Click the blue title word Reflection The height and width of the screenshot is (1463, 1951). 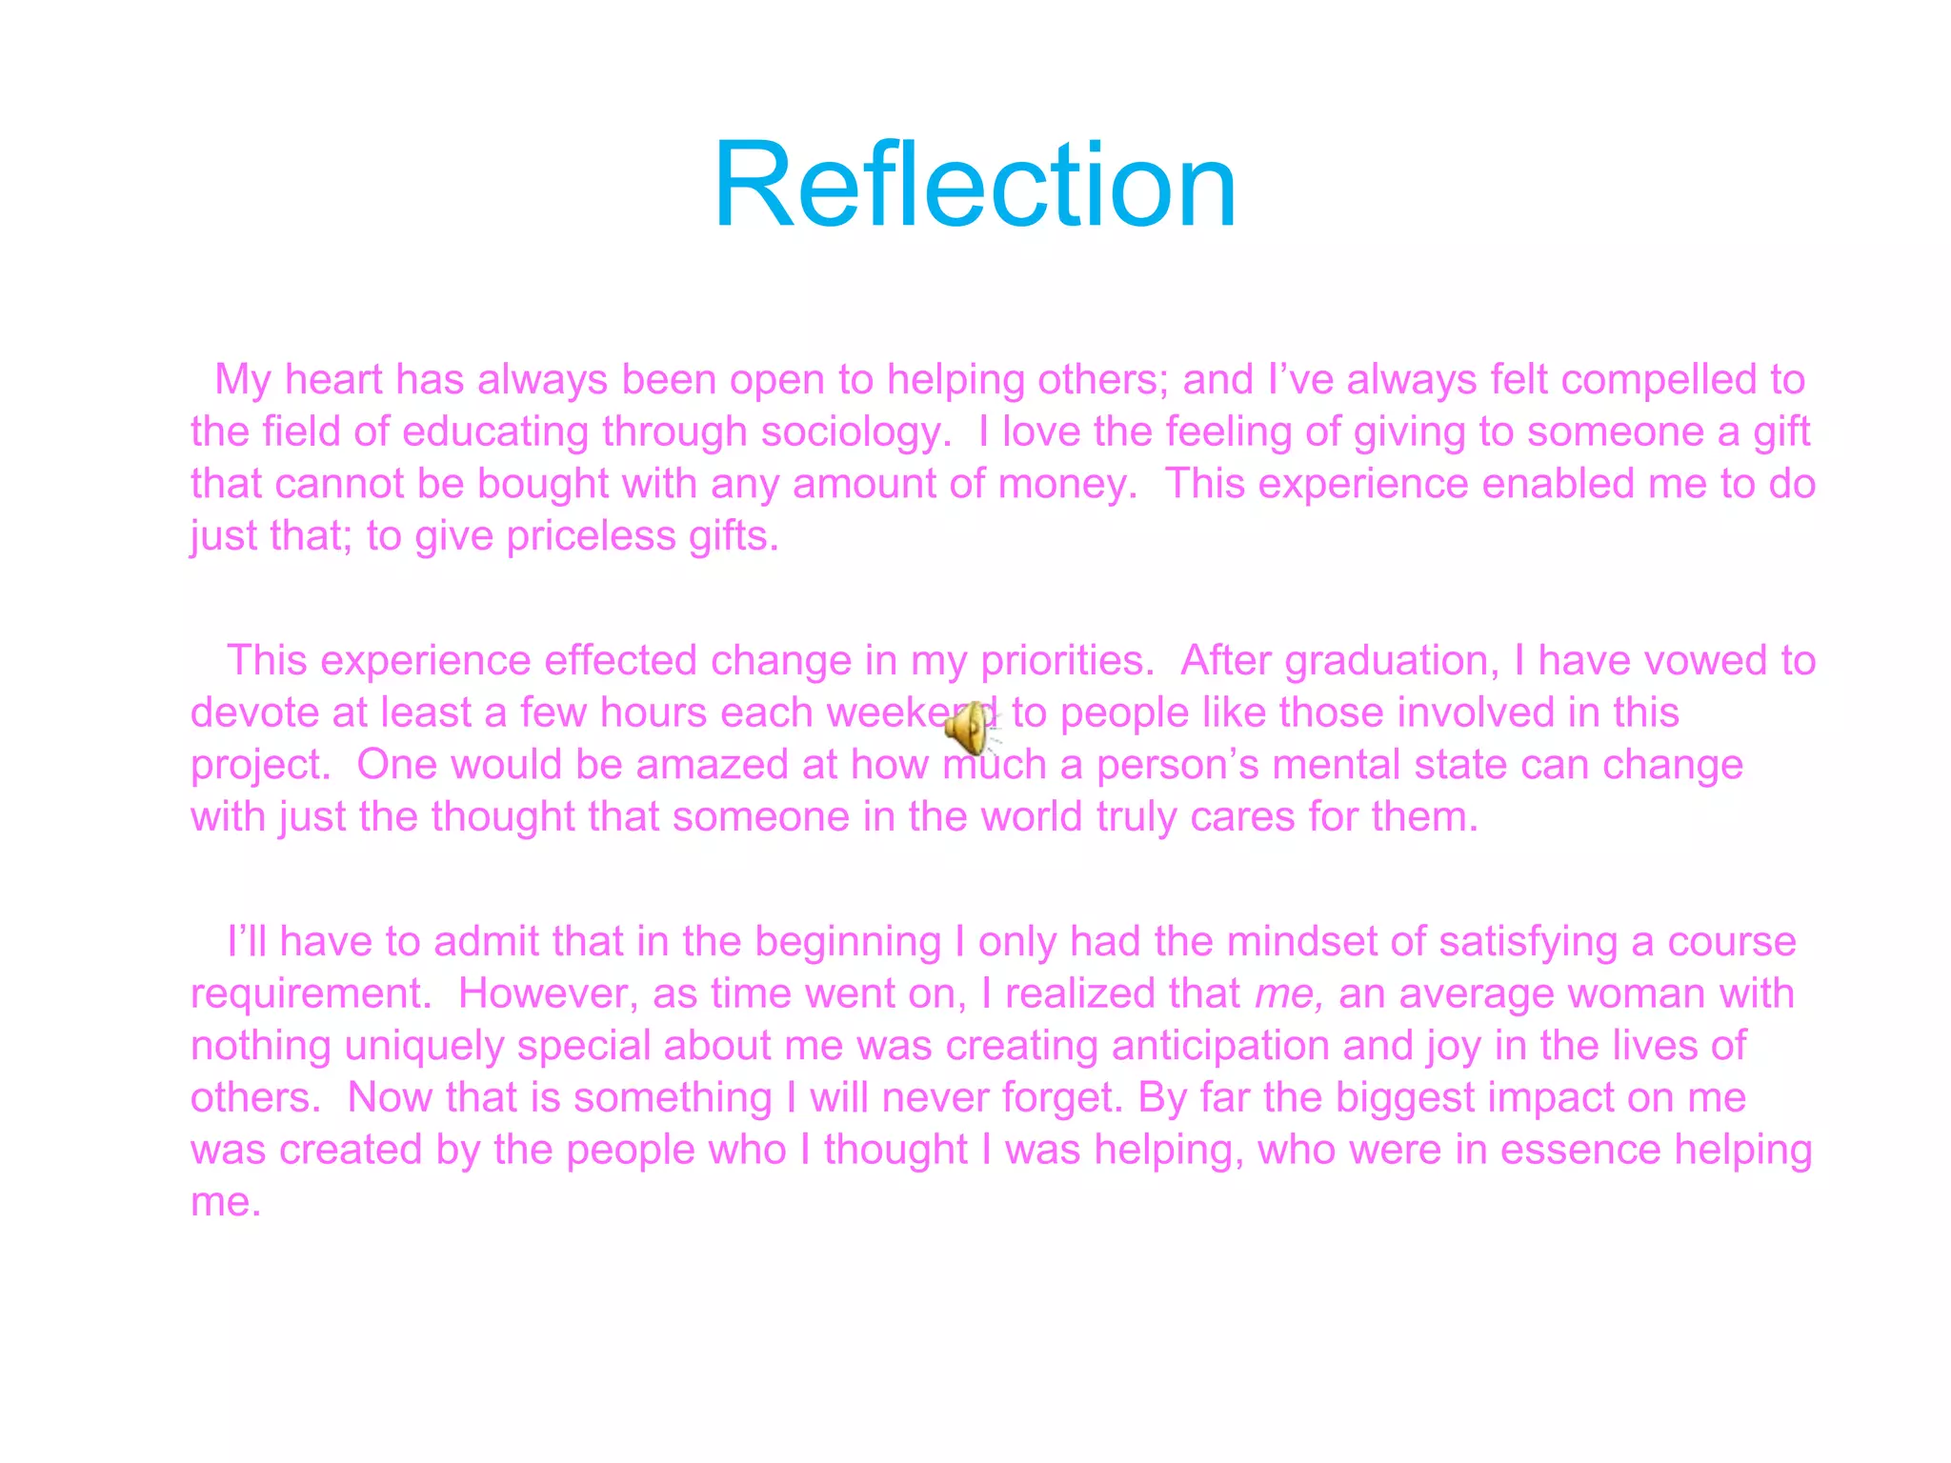point(974,185)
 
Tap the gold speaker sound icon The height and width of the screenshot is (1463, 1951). point(969,729)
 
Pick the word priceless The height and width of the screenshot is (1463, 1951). point(591,536)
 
